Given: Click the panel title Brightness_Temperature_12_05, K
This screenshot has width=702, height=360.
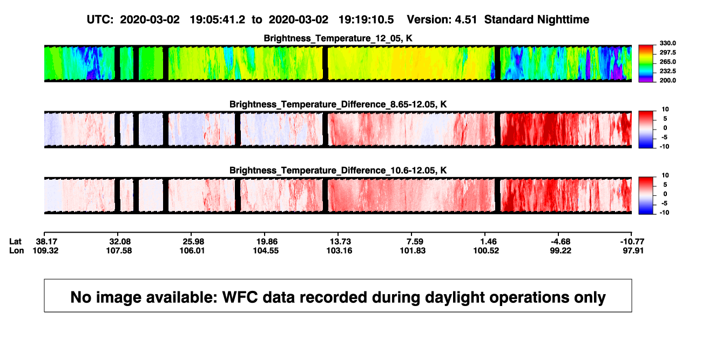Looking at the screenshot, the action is [338, 38].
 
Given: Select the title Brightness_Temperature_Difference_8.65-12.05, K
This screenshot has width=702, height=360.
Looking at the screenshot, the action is [338, 104].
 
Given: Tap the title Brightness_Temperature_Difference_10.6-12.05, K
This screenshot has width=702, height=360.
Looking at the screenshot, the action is [338, 171].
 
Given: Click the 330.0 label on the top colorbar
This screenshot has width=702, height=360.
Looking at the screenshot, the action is [667, 43].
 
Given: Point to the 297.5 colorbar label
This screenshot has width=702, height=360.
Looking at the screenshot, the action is [667, 52].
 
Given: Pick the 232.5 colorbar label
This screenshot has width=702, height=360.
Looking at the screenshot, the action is [667, 71].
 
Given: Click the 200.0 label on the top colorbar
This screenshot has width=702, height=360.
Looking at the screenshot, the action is [667, 80].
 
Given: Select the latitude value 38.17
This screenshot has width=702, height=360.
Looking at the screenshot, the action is [46, 242].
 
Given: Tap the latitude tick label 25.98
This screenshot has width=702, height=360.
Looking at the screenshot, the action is [193, 242].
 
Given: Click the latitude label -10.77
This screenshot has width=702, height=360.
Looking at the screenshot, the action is [632, 242].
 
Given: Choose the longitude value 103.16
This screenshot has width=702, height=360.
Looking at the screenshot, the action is [339, 250].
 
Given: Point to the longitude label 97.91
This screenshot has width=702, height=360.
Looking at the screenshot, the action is [633, 250].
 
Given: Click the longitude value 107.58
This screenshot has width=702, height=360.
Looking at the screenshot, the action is [119, 250].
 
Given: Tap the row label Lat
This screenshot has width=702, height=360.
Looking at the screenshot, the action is [15, 242].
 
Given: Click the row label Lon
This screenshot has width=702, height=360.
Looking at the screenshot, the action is [16, 250].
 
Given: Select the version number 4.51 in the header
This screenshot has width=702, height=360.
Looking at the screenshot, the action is [466, 20].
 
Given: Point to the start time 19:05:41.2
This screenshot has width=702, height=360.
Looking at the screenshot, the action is [218, 20].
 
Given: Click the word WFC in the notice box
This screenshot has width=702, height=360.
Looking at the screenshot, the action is [240, 297].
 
